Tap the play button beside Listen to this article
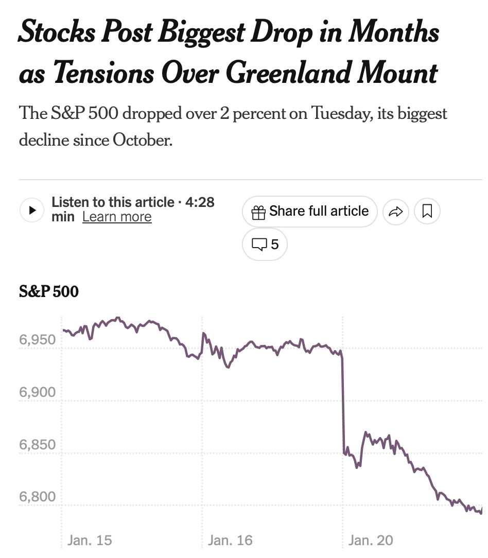[32, 210]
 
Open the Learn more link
[117, 217]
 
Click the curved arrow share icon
[395, 211]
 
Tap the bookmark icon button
[427, 211]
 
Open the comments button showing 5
[265, 244]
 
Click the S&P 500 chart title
[49, 292]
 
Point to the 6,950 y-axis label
[37, 340]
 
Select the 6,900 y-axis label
[37, 392]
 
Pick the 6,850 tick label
[37, 444]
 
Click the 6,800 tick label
[37, 497]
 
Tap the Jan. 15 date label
[90, 540]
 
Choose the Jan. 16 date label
[230, 540]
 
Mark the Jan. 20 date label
[371, 540]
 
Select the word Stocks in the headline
[57, 32]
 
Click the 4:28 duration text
[200, 202]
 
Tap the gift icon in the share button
[258, 212]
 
